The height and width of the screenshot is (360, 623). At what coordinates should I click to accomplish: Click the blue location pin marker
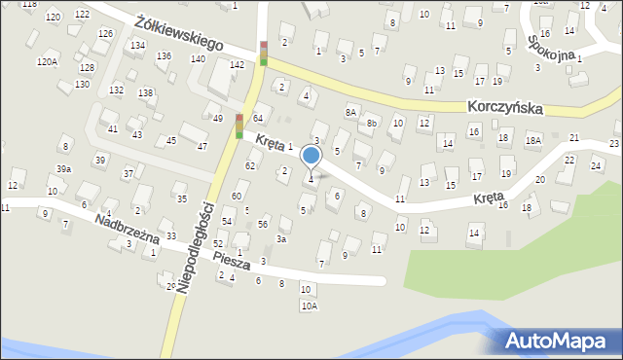(x=311, y=157)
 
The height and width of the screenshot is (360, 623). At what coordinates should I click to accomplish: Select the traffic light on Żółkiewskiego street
(x=263, y=54)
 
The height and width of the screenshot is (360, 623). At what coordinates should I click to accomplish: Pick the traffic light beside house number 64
(x=239, y=126)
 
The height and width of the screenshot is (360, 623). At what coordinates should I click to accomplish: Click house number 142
(x=237, y=64)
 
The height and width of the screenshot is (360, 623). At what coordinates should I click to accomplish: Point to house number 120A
(x=47, y=61)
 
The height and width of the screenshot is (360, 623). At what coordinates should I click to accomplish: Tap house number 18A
(x=532, y=140)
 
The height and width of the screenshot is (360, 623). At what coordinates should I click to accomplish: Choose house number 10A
(x=309, y=306)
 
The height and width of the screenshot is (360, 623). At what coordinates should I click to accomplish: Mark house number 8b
(x=371, y=124)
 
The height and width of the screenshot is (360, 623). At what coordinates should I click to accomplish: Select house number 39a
(x=63, y=169)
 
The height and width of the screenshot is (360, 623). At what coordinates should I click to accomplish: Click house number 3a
(x=282, y=238)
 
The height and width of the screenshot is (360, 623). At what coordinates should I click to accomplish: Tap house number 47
(x=202, y=146)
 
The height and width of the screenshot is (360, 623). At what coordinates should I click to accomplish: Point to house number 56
(x=263, y=224)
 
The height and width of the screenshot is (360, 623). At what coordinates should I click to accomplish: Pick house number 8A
(x=351, y=112)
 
